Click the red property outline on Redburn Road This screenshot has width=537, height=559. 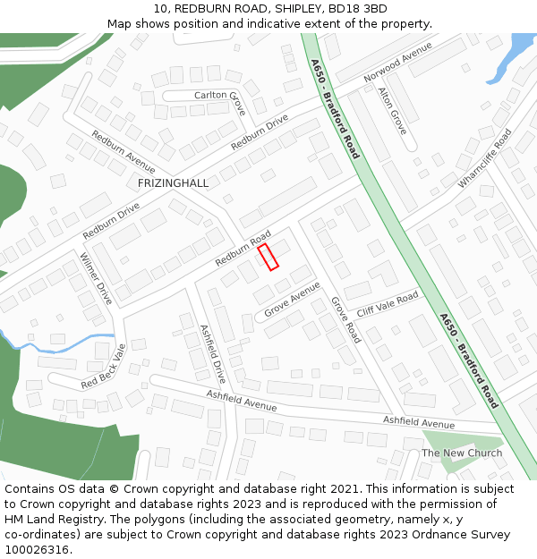pyautogui.click(x=268, y=257)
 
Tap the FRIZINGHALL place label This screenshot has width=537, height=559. pyautogui.click(x=173, y=183)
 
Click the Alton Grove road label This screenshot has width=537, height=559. pyautogui.click(x=392, y=111)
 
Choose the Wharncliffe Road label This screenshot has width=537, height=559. pyautogui.click(x=484, y=158)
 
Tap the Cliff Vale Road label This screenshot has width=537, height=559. pyautogui.click(x=388, y=305)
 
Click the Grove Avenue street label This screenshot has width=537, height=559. pyautogui.click(x=292, y=300)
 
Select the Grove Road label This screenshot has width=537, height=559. pyautogui.click(x=345, y=320)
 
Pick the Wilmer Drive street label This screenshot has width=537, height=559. pyautogui.click(x=96, y=278)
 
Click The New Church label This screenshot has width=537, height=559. pyautogui.click(x=462, y=453)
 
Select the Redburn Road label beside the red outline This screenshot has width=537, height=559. pyautogui.click(x=243, y=250)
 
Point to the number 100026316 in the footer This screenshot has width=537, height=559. pyautogui.click(x=38, y=549)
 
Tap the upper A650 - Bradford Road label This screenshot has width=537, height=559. pyautogui.click(x=335, y=109)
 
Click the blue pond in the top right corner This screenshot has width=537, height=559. pyautogui.click(x=518, y=48)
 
